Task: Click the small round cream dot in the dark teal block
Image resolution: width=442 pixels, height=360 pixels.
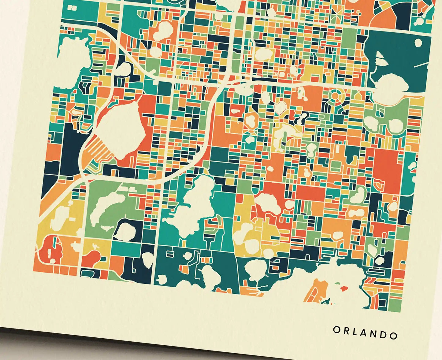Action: point(418,42)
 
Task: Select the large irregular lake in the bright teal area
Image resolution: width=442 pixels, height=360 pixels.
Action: point(193,208)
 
